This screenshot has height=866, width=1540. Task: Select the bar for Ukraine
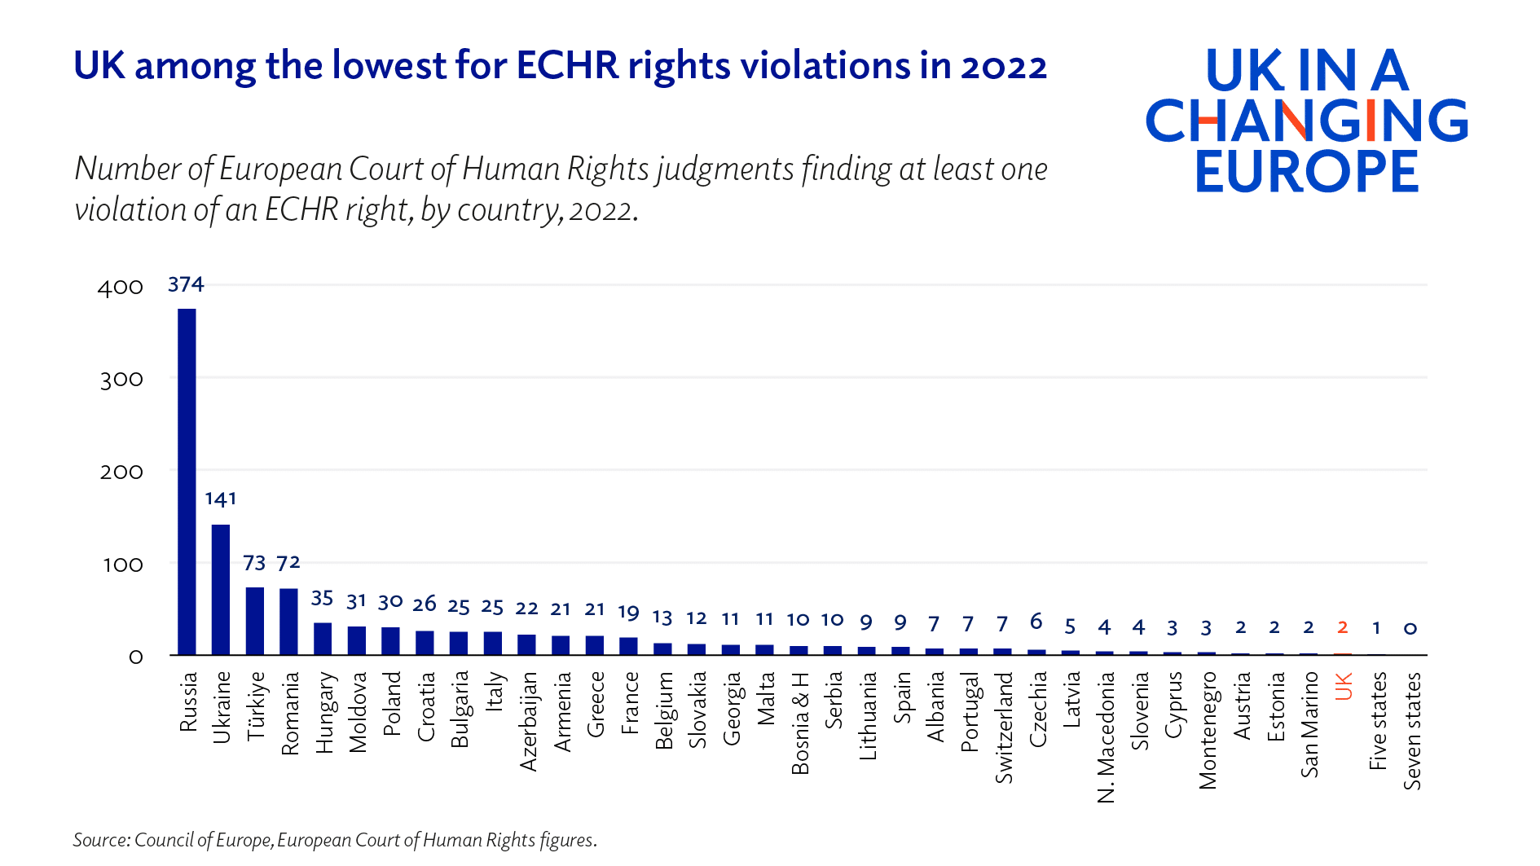point(221,589)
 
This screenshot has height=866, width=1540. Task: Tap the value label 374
point(186,284)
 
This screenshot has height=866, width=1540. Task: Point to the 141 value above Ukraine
point(220,499)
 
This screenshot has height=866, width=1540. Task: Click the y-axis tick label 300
point(121,380)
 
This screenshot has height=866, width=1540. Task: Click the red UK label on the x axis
point(1344,686)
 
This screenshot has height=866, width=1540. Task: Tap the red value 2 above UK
point(1343,627)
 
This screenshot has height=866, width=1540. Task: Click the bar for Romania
point(288,621)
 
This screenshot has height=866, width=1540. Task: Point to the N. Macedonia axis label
point(1106,737)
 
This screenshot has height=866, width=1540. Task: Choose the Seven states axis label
point(1412,731)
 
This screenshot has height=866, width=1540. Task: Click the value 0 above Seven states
point(1410,628)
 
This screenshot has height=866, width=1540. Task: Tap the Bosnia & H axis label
point(800,723)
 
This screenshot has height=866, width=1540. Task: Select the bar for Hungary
point(323,639)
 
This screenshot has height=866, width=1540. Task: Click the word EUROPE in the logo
point(1307,172)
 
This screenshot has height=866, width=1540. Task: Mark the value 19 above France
point(629,613)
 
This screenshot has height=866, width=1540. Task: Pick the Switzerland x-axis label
point(1004,728)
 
